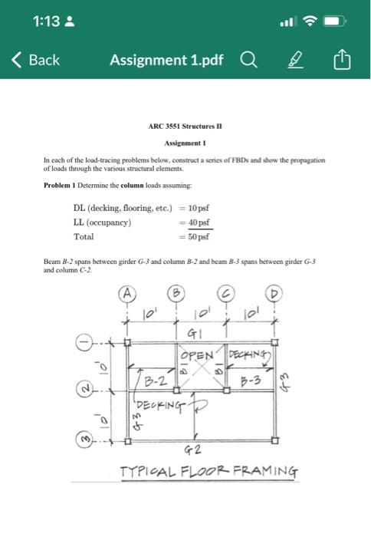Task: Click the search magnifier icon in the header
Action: (250, 60)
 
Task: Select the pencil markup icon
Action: (294, 60)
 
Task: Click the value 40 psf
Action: (200, 222)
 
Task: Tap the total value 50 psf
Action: (200, 236)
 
